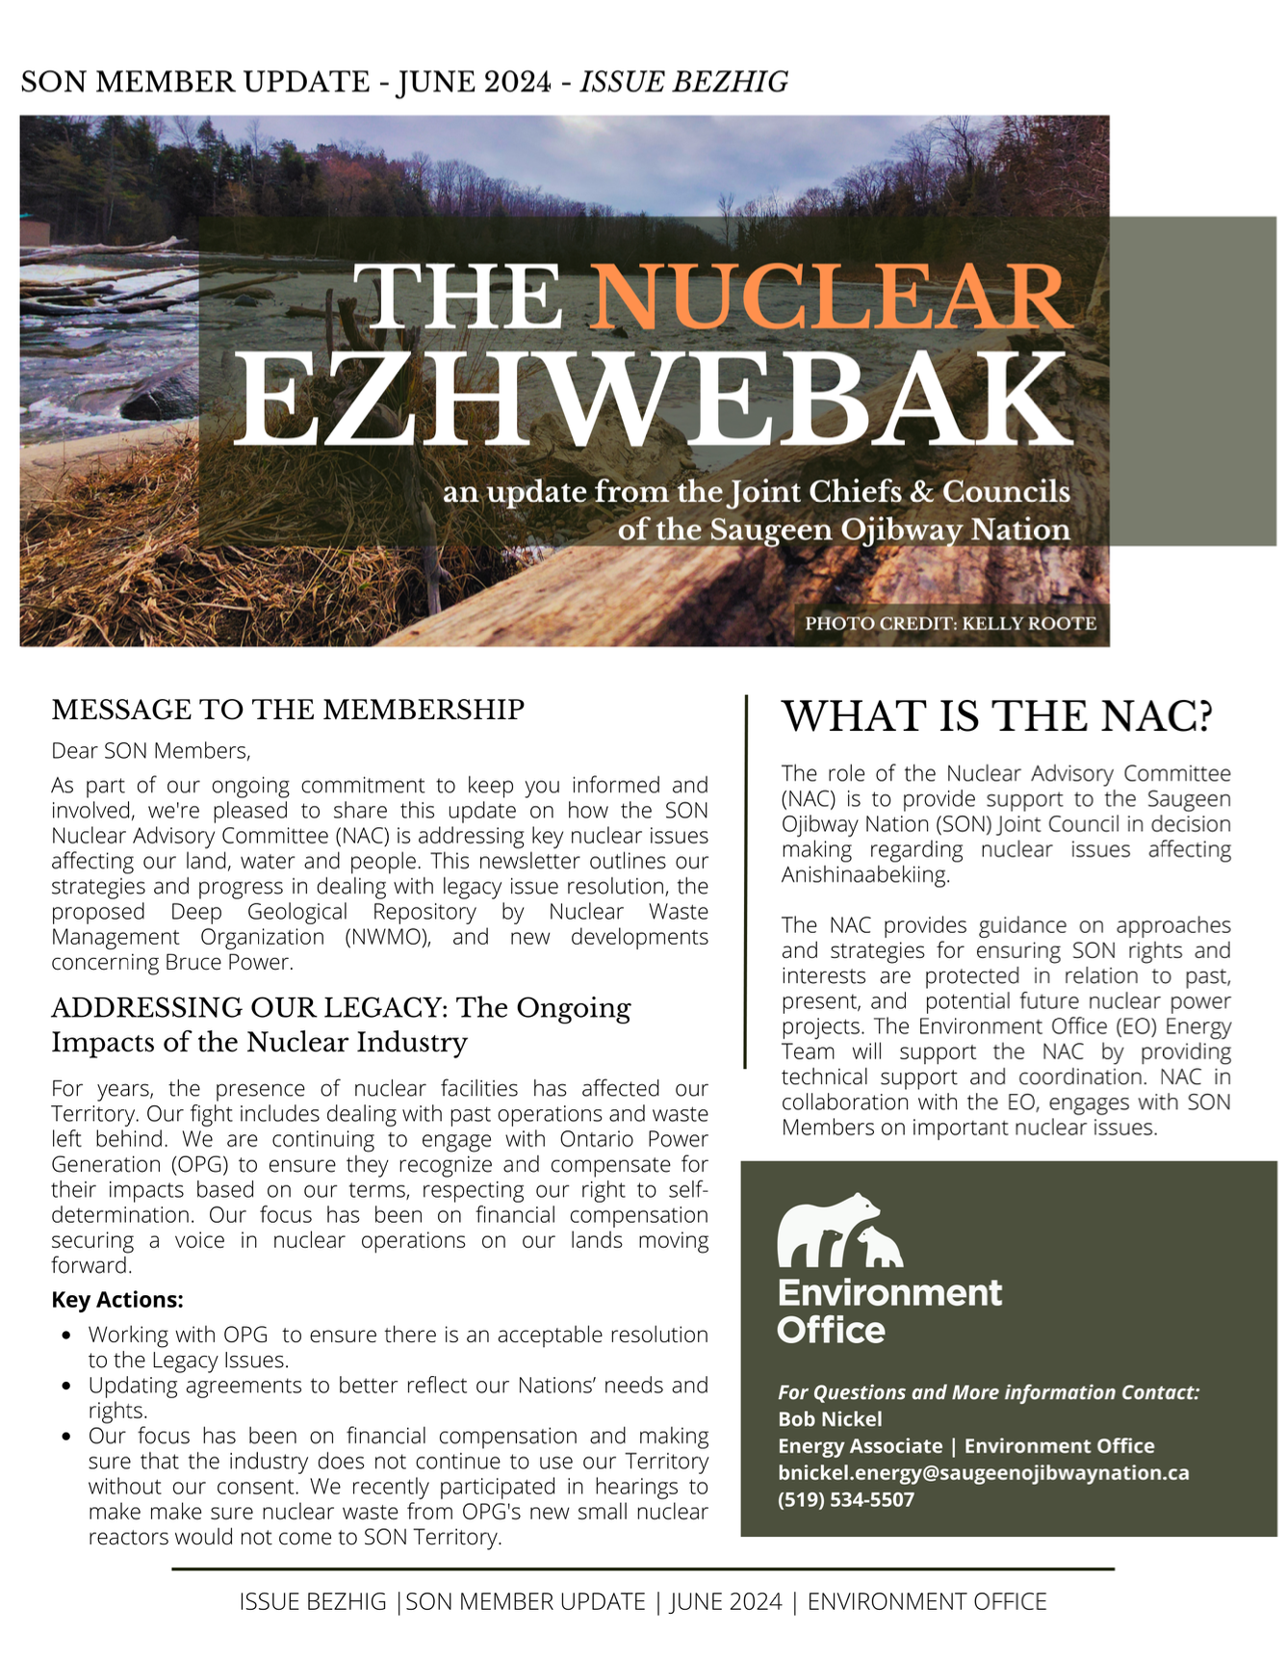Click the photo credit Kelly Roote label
[x=950, y=623]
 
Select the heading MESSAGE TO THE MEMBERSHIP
[x=288, y=710]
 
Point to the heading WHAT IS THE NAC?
[x=996, y=716]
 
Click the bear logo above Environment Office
[x=838, y=1231]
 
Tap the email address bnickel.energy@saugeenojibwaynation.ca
[x=983, y=1473]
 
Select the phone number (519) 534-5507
[x=845, y=1499]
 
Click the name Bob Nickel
[x=830, y=1419]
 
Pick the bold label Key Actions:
[x=117, y=1300]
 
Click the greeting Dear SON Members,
[x=151, y=751]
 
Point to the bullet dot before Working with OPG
[x=65, y=1336]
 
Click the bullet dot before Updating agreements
[x=65, y=1387]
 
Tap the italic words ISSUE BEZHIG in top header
[x=683, y=82]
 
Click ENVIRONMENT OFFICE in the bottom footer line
[x=926, y=1602]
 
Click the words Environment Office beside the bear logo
[x=888, y=1311]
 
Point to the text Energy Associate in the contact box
[x=860, y=1446]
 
